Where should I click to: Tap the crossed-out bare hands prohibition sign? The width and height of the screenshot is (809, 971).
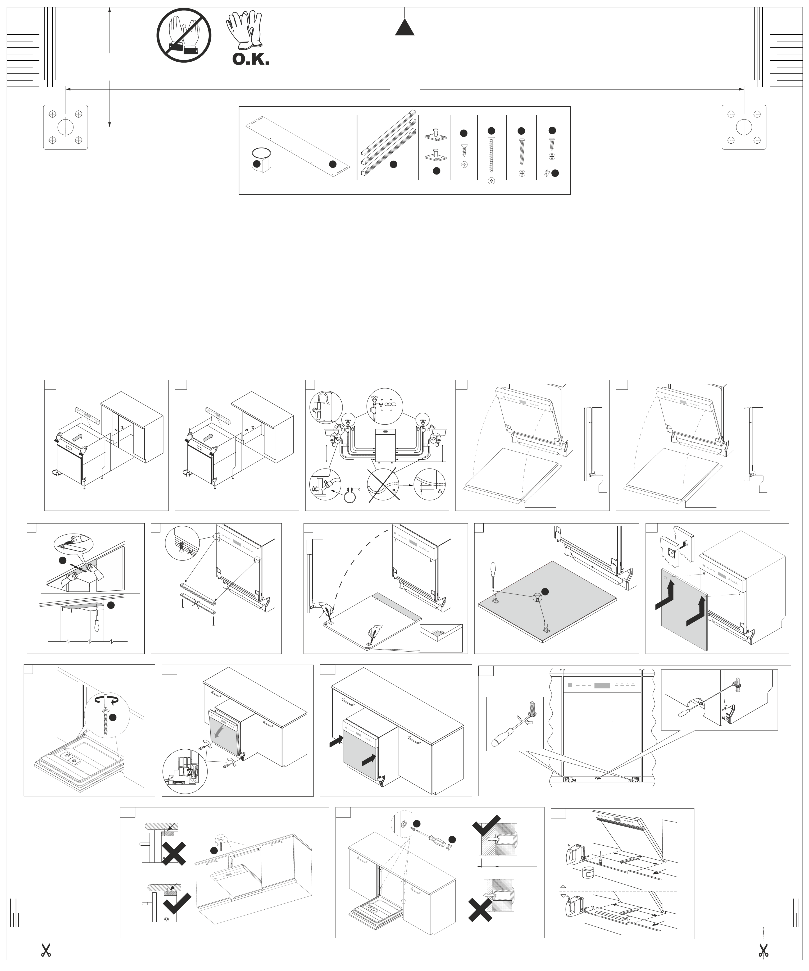click(184, 35)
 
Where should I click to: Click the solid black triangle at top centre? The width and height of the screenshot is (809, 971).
click(405, 28)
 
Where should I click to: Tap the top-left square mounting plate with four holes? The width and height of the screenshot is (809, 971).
click(66, 127)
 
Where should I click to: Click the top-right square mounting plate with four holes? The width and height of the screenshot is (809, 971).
click(744, 127)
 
